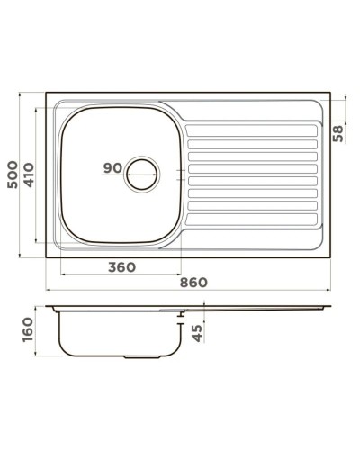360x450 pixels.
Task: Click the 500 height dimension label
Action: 13,174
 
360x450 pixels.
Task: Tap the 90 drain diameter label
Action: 112,168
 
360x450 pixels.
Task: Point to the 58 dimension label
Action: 338,133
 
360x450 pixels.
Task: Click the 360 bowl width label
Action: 121,266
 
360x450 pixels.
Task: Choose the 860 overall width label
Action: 193,282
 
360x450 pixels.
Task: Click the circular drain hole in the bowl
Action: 141,173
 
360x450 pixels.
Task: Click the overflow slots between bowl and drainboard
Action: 184,173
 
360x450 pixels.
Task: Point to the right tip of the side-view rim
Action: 328,307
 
